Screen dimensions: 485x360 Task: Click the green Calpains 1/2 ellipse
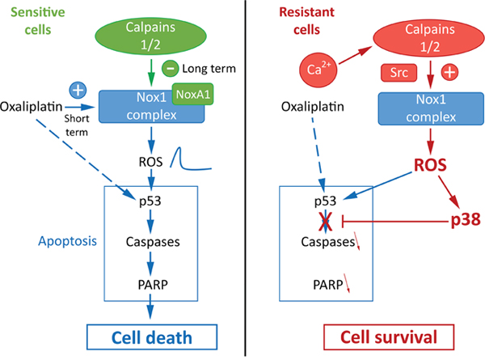pyautogui.click(x=150, y=36)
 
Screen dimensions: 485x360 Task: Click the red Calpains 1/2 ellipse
pyautogui.click(x=429, y=38)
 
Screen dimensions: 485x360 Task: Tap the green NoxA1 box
pyautogui.click(x=192, y=94)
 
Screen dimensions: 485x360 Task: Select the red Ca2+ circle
pyautogui.click(x=318, y=70)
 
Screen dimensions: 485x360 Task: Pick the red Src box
pyautogui.click(x=399, y=73)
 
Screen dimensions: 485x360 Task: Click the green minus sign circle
pyautogui.click(x=170, y=68)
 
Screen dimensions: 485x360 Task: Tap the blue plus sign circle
pyautogui.click(x=78, y=91)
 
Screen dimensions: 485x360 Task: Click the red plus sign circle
pyautogui.click(x=449, y=73)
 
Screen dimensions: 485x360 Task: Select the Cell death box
pyautogui.click(x=152, y=337)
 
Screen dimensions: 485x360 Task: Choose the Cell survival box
pyautogui.click(x=389, y=337)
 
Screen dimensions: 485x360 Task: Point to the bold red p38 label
pyautogui.click(x=466, y=220)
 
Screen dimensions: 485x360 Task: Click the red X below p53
pyautogui.click(x=326, y=222)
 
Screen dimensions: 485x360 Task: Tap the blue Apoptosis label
pyautogui.click(x=67, y=241)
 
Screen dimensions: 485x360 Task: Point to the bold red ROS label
pyautogui.click(x=430, y=165)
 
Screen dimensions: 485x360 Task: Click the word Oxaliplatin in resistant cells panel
pyautogui.click(x=312, y=107)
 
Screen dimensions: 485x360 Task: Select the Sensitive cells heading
pyautogui.click(x=38, y=21)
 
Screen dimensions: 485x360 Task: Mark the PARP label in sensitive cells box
pyautogui.click(x=153, y=285)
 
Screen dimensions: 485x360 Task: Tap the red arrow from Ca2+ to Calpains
pyautogui.click(x=355, y=56)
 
